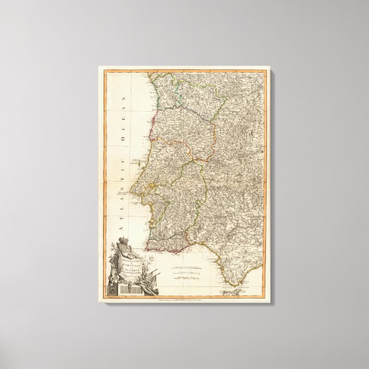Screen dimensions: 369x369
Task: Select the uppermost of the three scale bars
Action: point(185,268)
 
